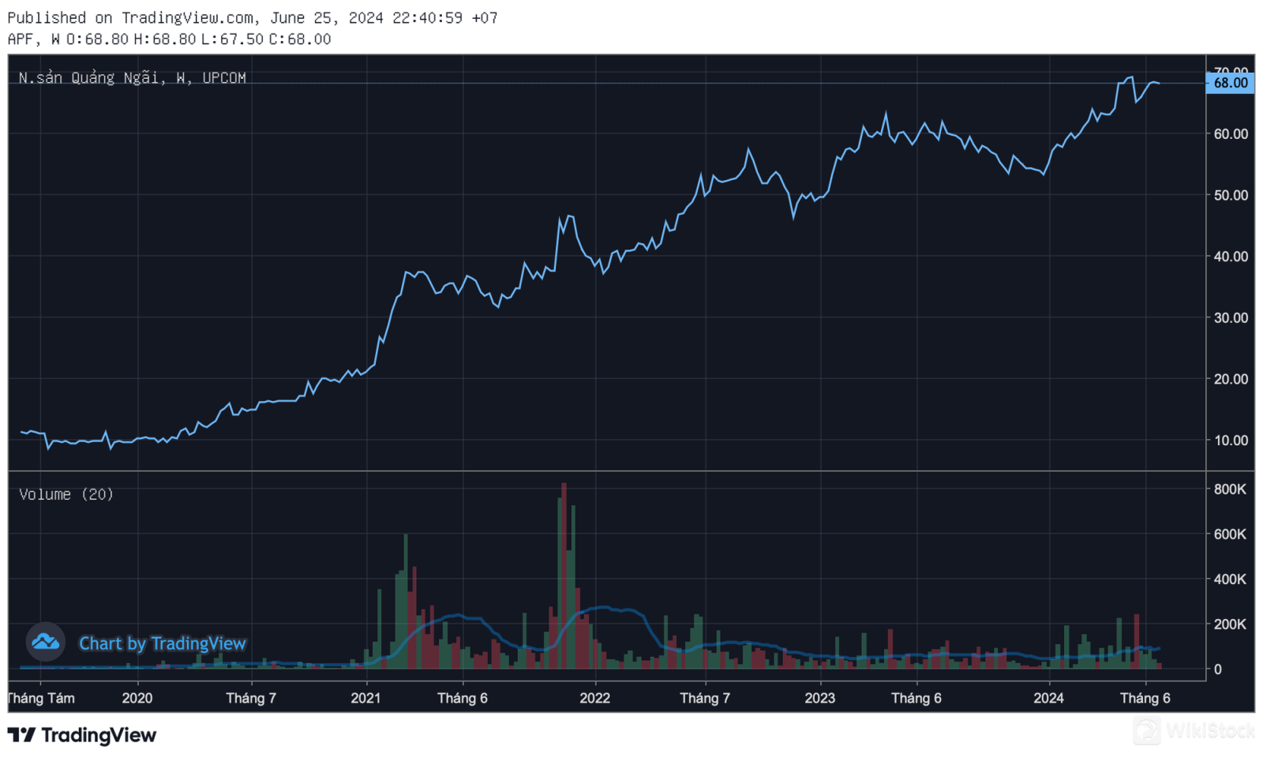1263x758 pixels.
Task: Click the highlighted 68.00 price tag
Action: pos(1230,83)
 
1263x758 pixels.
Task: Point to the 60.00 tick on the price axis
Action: pos(1231,134)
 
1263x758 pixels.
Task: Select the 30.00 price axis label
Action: pos(1231,318)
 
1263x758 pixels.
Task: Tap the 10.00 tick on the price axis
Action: pos(1231,441)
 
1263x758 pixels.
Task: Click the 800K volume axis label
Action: pos(1230,490)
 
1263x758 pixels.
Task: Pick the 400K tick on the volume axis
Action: pos(1230,580)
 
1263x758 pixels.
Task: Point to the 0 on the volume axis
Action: pos(1218,670)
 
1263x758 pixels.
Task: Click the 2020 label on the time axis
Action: pos(137,699)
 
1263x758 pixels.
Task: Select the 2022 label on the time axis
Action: pos(594,699)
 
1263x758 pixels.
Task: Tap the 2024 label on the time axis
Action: pos(1048,699)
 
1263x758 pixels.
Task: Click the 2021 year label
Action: pos(365,699)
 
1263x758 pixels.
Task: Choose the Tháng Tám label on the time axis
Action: pos(41,699)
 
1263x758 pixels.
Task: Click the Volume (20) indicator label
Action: pos(66,494)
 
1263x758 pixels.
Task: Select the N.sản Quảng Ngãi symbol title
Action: pos(132,78)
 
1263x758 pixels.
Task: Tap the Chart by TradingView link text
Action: pos(163,644)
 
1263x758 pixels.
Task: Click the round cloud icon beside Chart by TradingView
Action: pos(45,642)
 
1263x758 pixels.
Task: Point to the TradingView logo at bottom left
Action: pos(82,736)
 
